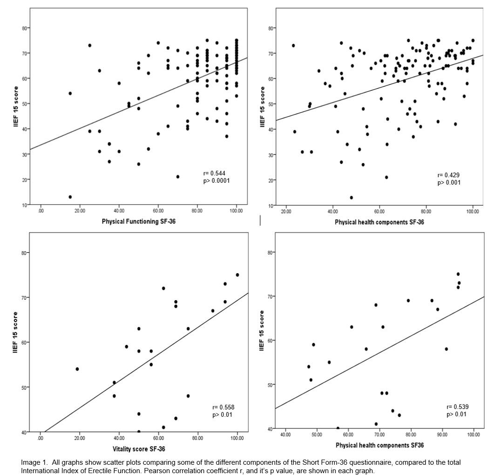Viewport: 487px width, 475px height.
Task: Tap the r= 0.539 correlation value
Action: click(457, 406)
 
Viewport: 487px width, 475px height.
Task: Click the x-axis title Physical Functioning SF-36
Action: click(139, 221)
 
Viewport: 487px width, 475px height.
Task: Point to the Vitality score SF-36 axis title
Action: click(139, 449)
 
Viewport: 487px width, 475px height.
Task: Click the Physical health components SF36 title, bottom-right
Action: click(379, 446)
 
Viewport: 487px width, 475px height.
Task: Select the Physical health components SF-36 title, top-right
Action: click(379, 222)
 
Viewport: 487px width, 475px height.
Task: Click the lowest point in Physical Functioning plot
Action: click(70, 197)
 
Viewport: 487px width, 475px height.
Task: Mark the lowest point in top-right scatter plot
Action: click(351, 198)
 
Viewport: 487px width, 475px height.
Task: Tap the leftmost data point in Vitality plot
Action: click(77, 369)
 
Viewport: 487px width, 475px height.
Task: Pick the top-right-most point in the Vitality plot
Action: click(237, 275)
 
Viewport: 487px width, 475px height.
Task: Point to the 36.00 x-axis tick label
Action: click(285, 435)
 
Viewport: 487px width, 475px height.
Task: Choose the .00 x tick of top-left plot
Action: click(41, 211)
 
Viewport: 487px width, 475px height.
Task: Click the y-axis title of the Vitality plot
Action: click(15, 331)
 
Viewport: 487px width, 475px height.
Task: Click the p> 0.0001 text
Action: click(216, 180)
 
